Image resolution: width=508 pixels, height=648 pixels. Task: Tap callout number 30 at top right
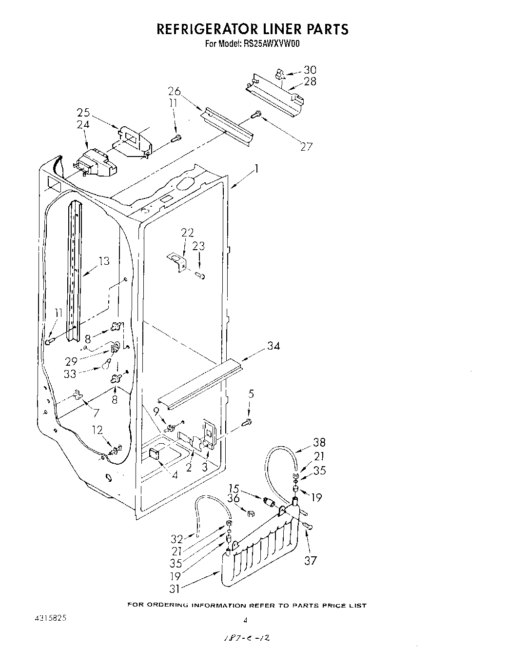tap(310, 70)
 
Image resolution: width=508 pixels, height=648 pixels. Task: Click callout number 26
tap(175, 91)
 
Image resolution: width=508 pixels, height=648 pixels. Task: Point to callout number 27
tap(306, 146)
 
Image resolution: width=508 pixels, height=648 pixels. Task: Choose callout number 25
tap(83, 113)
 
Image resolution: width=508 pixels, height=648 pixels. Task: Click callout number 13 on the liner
tap(103, 261)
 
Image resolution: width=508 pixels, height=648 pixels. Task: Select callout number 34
tap(274, 346)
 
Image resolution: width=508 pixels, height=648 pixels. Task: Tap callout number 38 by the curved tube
tap(319, 443)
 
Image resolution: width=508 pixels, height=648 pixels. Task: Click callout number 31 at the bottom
tap(175, 589)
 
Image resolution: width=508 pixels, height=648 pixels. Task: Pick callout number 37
tap(311, 561)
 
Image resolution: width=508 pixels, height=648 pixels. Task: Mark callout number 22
tap(187, 233)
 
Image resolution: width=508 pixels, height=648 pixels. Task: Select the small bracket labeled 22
tap(177, 262)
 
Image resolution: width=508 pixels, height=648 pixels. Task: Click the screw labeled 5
tap(248, 421)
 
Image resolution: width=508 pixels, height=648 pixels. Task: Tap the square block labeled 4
tap(154, 454)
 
